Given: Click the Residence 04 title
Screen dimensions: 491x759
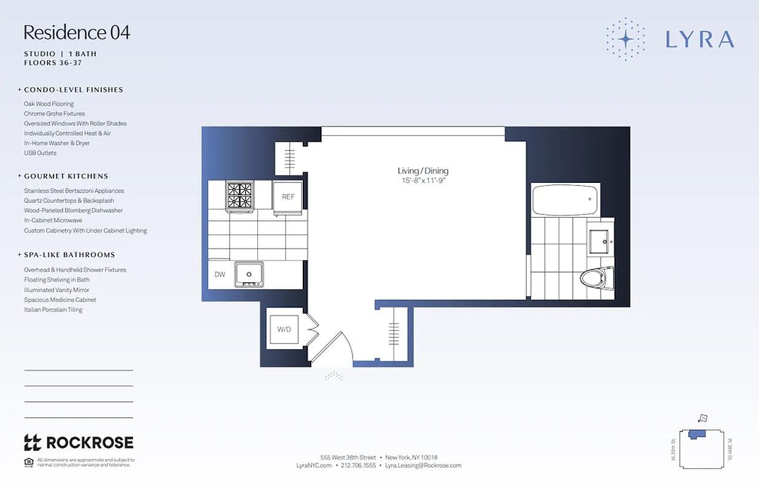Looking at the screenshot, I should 77,33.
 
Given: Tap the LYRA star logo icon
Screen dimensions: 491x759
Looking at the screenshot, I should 625,39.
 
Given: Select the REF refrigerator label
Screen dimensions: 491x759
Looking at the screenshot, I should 288,197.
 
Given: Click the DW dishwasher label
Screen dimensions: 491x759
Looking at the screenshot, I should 220,274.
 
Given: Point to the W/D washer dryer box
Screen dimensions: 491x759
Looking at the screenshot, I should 284,330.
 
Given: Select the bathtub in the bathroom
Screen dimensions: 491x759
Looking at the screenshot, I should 564,200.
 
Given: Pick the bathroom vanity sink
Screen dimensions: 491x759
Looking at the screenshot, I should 599,241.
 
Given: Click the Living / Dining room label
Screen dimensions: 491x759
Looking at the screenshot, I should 422,171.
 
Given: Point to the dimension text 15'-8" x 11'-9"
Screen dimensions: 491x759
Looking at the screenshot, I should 422,181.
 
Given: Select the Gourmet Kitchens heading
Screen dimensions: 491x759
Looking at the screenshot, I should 66,176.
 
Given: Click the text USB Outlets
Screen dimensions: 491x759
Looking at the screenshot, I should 40,153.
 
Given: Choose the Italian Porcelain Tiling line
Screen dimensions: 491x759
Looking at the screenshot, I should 53,310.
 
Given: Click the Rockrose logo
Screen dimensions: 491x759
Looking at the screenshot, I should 79,443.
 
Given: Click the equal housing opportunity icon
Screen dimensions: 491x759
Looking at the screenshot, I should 28,462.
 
